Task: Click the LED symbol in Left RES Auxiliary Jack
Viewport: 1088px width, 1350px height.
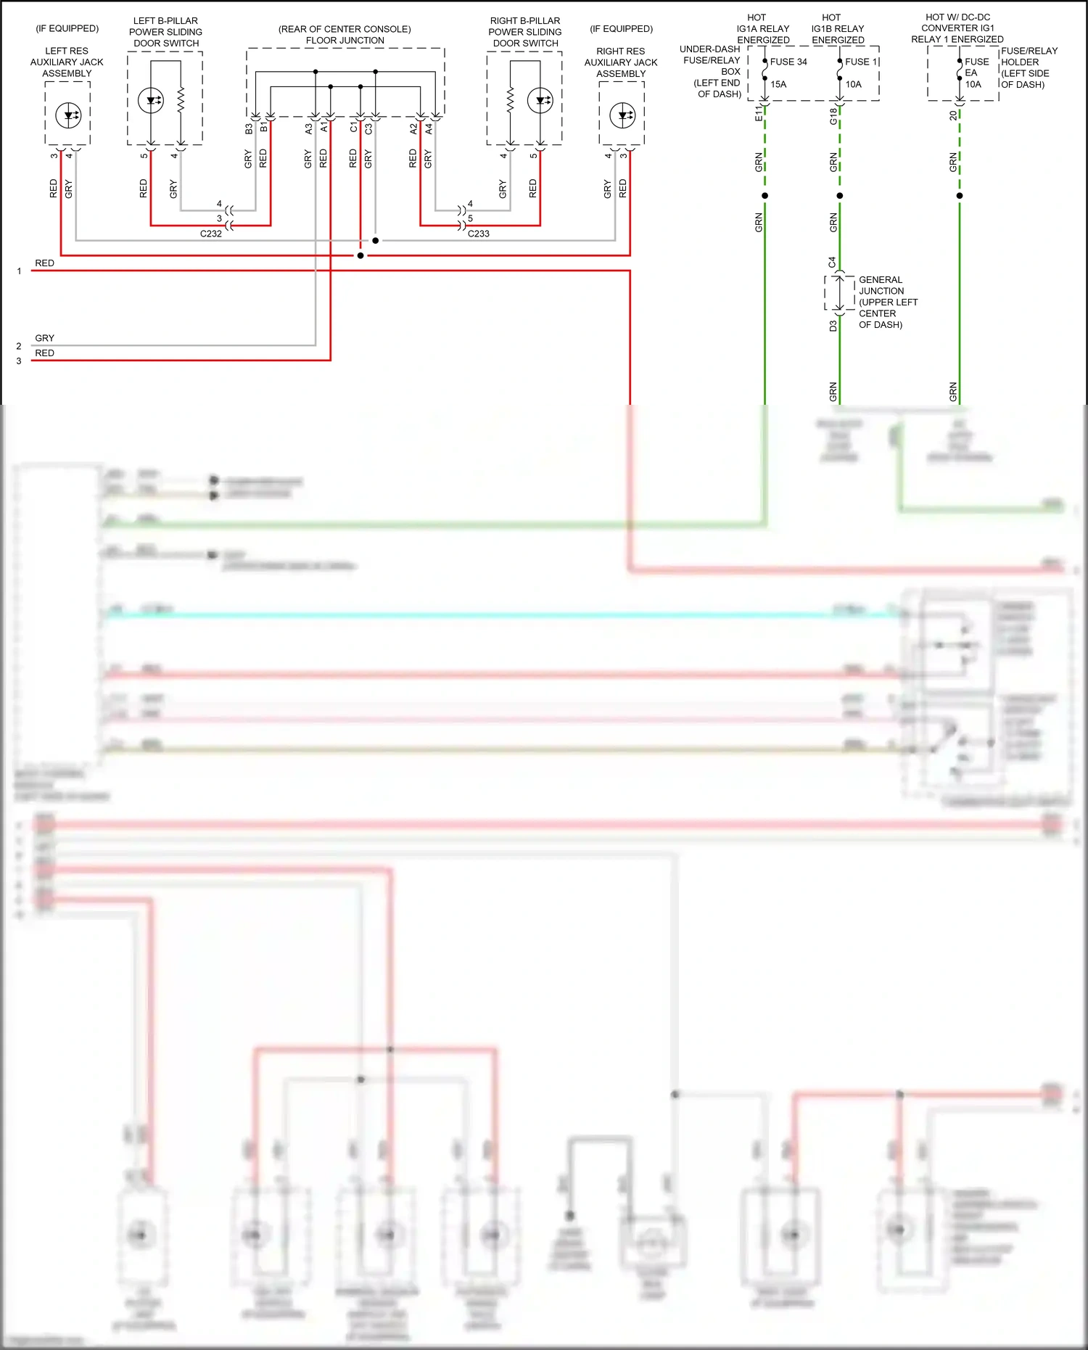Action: [68, 115]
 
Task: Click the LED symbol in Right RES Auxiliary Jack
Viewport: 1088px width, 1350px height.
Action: [622, 115]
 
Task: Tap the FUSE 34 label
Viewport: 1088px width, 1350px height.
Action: [788, 62]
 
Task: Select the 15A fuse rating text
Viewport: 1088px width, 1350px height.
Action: [778, 84]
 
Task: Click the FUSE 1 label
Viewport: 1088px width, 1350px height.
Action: [861, 62]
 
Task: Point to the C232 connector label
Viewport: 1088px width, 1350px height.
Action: [211, 234]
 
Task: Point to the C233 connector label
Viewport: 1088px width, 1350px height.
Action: [479, 234]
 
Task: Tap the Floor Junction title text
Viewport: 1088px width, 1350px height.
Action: [345, 35]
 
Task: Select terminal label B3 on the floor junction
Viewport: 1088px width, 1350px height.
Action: [249, 128]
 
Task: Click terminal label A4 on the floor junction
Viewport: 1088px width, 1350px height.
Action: [429, 128]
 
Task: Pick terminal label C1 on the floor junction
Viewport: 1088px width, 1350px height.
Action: [353, 128]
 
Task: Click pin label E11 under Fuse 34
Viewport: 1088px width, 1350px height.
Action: [759, 112]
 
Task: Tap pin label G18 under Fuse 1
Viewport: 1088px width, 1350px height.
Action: [833, 116]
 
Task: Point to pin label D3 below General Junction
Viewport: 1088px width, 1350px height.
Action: [833, 326]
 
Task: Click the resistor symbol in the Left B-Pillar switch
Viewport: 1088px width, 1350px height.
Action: [181, 101]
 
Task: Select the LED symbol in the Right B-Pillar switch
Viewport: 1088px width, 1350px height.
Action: [540, 101]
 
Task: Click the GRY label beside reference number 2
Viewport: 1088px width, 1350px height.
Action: [45, 338]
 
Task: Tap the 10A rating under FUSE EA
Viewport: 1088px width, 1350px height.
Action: [973, 84]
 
